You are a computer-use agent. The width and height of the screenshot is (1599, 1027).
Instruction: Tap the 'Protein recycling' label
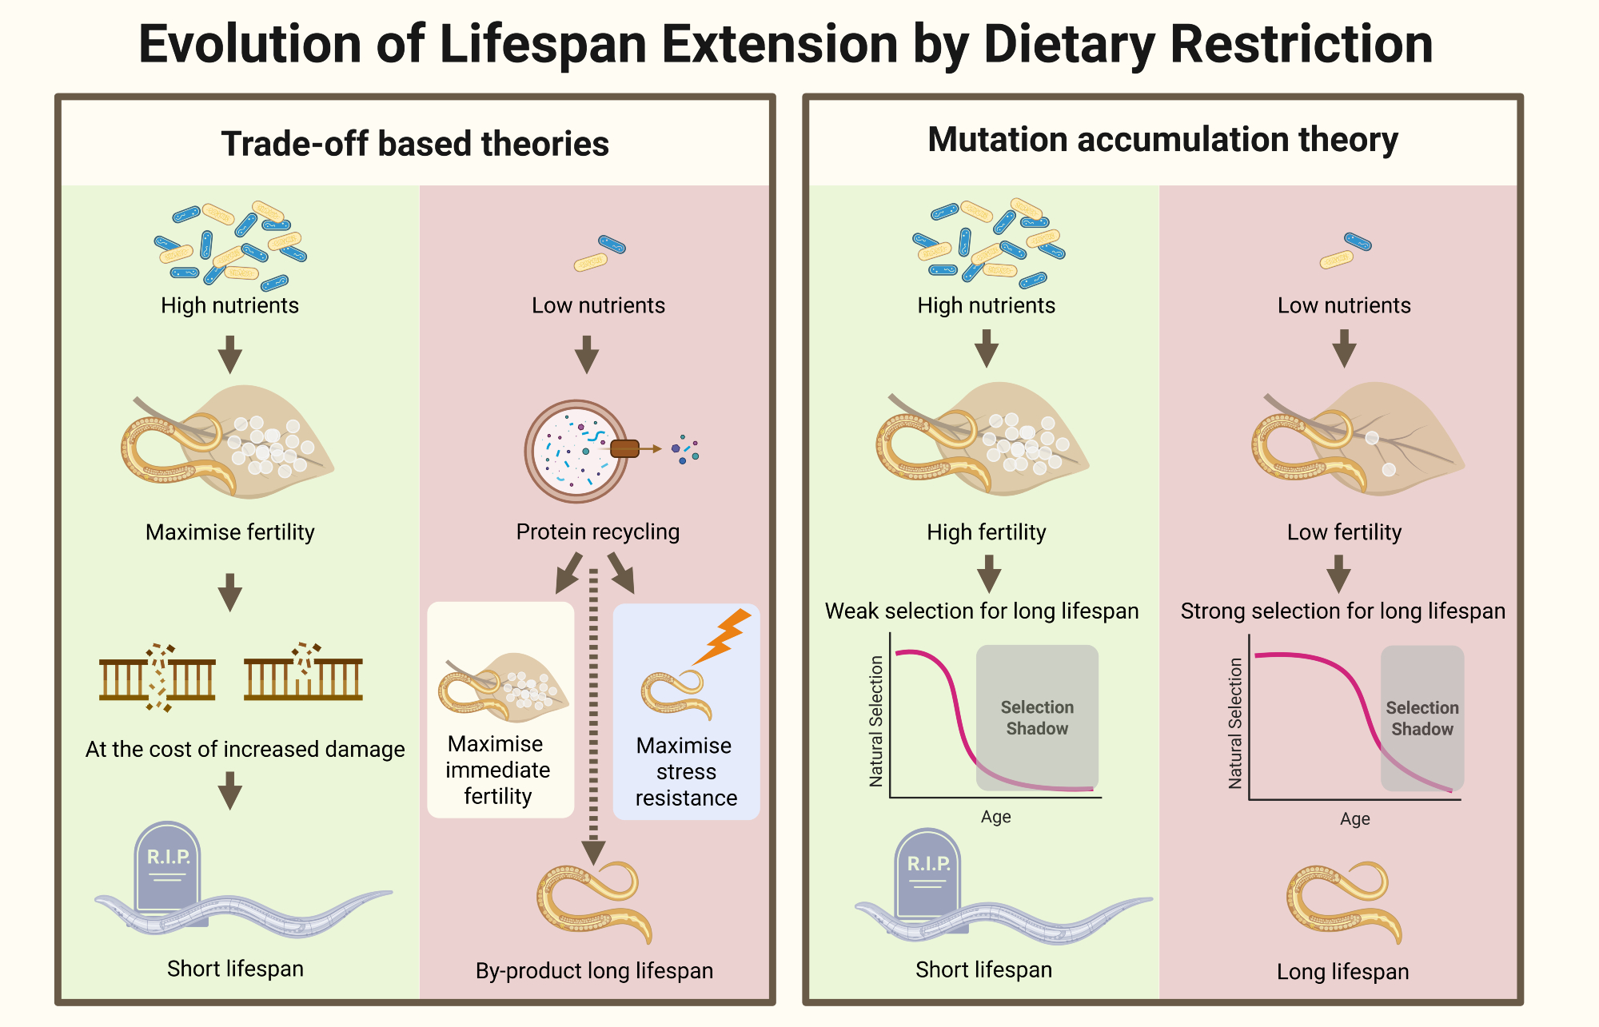(x=598, y=531)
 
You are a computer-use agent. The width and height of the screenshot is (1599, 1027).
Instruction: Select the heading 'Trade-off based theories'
(x=415, y=144)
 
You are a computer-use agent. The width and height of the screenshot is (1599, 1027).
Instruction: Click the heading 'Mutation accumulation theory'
(x=1162, y=139)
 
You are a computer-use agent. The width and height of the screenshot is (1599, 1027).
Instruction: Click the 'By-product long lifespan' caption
(x=594, y=970)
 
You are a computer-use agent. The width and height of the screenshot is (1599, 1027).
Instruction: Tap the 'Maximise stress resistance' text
(x=685, y=771)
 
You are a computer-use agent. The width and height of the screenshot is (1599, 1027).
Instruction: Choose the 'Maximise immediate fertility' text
(x=497, y=770)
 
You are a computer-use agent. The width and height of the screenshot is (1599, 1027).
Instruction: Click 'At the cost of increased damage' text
(x=245, y=749)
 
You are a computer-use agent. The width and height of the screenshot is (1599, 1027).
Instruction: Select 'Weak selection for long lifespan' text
(x=982, y=611)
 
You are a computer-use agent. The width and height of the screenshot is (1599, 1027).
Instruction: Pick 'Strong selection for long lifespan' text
(x=1342, y=611)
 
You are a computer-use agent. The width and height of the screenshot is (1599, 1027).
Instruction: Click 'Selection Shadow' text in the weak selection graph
(x=1037, y=718)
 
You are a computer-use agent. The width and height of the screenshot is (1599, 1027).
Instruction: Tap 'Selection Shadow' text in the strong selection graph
(x=1422, y=719)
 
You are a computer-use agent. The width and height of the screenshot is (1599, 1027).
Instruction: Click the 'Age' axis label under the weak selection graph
(x=996, y=817)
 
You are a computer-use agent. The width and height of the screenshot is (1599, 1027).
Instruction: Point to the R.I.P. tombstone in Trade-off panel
(x=167, y=867)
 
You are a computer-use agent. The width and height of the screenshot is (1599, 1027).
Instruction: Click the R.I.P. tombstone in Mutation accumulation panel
(x=927, y=874)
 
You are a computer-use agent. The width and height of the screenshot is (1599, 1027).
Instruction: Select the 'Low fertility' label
(x=1344, y=532)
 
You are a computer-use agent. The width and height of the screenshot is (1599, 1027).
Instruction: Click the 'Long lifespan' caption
(x=1342, y=971)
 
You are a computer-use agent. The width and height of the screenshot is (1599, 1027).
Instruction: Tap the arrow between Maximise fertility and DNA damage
(x=230, y=592)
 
